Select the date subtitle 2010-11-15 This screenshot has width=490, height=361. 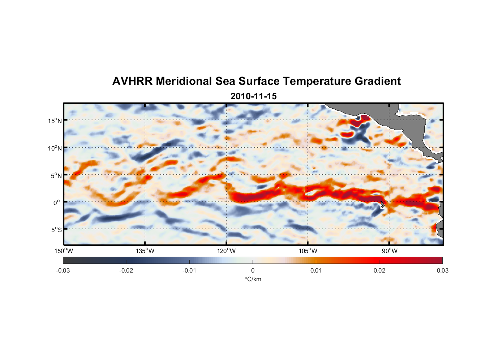coord(253,96)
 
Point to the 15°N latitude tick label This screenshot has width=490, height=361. coord(55,121)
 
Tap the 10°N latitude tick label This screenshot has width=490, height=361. coord(55,148)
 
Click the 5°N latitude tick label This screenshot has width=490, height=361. coord(56,175)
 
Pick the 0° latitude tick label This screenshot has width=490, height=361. coord(57,203)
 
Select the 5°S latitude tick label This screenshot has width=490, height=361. coord(56,230)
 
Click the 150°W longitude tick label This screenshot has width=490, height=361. coord(64,251)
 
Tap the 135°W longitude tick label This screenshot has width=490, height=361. coord(145,251)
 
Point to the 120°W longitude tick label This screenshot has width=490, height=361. coord(226,251)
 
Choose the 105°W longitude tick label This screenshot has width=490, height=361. coord(308,251)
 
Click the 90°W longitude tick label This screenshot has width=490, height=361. coord(390,251)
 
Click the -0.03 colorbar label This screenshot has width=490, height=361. coord(63,270)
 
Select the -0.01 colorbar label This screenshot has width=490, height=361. coord(189,270)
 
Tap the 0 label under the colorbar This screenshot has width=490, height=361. coord(253,270)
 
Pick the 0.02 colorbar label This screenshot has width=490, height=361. coord(379,270)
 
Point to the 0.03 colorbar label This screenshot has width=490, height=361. coord(442,270)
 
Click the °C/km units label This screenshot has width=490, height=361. coord(253,279)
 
